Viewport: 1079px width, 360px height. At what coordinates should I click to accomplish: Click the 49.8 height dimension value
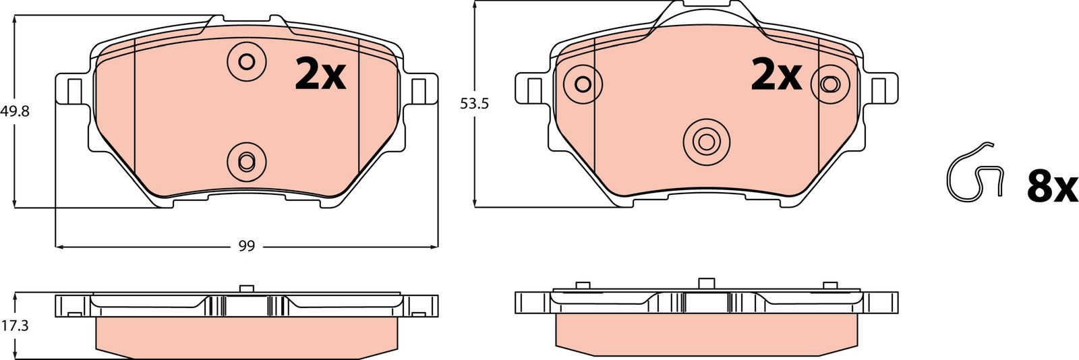15,112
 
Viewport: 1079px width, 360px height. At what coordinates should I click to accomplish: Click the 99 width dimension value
247,247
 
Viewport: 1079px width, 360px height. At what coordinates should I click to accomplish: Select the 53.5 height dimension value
475,104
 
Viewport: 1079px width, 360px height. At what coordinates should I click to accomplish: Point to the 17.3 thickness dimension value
15,326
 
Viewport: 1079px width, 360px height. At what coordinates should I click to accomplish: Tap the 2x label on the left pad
320,73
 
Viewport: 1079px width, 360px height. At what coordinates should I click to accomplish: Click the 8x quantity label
1052,188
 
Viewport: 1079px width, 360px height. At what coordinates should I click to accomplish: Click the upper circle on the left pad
247,61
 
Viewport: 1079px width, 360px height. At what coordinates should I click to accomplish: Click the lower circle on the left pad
247,161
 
